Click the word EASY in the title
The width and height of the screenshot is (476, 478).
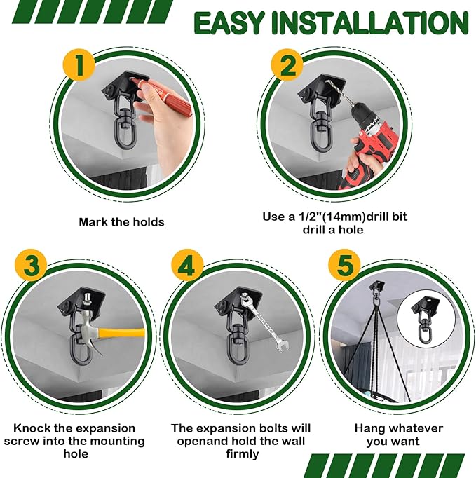tap(231, 22)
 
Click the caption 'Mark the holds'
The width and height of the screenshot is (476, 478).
tap(121, 222)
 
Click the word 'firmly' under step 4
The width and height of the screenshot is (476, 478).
tap(240, 453)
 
